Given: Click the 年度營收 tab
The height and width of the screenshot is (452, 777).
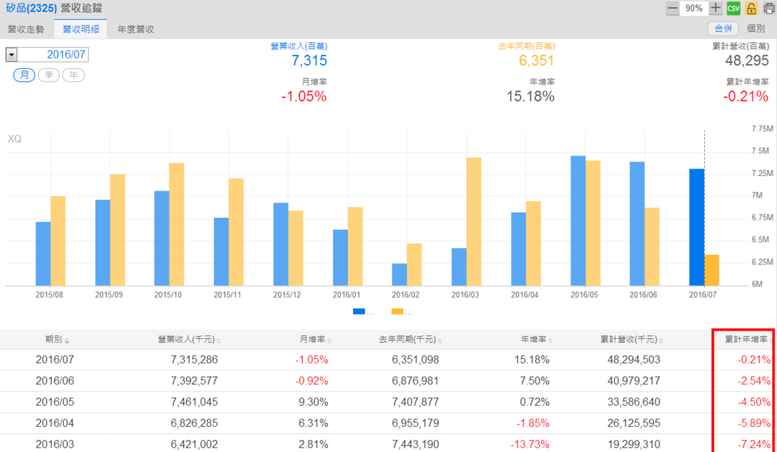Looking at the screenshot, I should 136,29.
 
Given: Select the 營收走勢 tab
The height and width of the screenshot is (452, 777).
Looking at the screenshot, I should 27,29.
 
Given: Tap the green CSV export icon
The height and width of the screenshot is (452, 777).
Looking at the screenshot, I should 733,8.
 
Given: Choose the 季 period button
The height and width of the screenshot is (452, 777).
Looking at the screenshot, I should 49,75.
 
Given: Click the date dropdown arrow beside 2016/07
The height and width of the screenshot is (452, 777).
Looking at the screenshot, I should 11,55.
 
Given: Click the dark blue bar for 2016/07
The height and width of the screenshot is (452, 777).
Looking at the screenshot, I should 697,227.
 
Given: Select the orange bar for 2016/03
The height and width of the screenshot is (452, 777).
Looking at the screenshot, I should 473,221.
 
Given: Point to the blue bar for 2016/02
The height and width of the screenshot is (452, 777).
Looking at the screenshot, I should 399,274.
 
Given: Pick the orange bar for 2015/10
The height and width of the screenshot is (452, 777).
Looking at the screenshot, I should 176,224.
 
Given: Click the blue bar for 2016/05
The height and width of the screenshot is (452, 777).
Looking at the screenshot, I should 578,220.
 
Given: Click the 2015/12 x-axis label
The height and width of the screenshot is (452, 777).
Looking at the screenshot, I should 288,294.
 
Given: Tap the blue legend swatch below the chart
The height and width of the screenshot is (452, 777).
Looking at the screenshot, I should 359,311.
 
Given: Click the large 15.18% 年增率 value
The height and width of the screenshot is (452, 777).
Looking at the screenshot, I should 530,96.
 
